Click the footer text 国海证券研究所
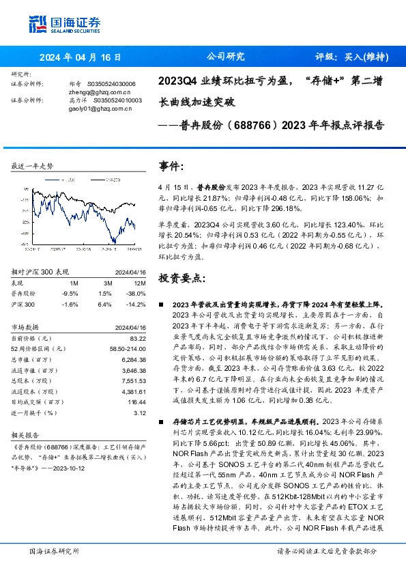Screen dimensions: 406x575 pos(51,550)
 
